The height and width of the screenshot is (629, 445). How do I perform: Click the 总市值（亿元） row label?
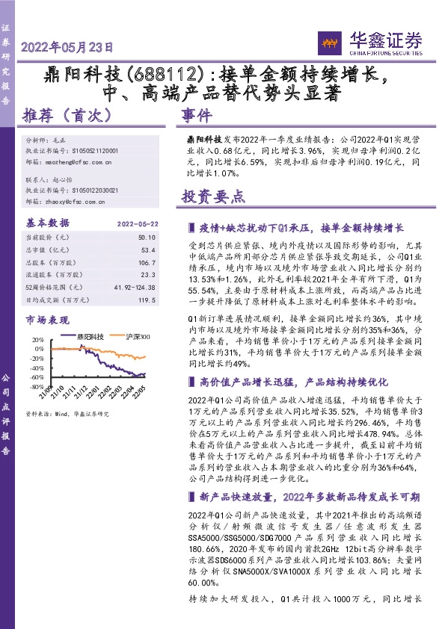(x=49, y=250)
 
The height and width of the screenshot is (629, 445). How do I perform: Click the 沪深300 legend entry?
(x=138, y=336)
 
